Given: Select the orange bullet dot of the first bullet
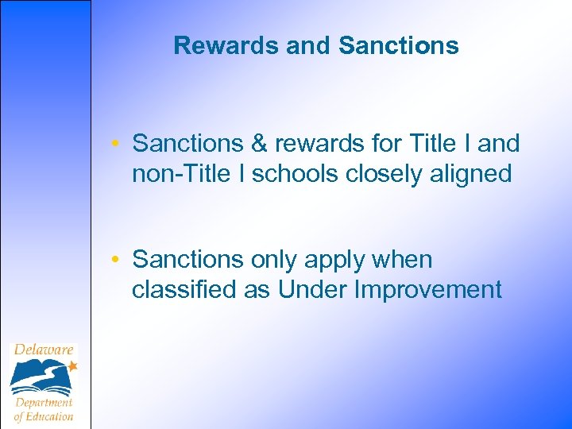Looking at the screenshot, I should (x=115, y=145).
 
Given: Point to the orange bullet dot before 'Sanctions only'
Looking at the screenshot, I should (x=115, y=261).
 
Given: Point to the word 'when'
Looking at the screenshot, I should (x=404, y=260).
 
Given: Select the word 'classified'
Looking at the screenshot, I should (x=184, y=289).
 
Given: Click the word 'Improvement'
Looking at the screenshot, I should (x=428, y=289).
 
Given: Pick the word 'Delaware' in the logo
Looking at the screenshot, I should (x=43, y=350).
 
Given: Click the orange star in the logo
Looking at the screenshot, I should (x=72, y=366).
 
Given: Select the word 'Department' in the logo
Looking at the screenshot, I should (x=44, y=402).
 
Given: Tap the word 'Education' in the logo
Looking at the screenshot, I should (x=49, y=415).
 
